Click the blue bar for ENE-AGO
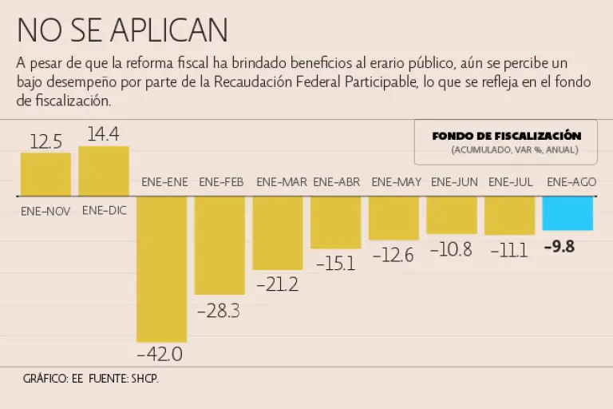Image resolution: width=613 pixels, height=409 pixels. (568, 213)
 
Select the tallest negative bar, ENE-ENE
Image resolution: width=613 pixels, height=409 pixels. (161, 268)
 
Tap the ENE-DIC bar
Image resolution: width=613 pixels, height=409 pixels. (104, 171)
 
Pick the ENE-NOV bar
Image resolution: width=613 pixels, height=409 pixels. (45, 174)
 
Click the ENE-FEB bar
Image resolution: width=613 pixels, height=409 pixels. (219, 245)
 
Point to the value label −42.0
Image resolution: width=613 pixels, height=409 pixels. (160, 353)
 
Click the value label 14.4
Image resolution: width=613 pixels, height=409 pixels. (104, 134)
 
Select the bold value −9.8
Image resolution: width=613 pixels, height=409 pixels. (559, 247)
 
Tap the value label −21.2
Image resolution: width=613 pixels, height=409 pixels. (277, 284)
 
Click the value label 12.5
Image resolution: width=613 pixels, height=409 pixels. (45, 141)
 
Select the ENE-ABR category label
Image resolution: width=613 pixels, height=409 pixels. (336, 182)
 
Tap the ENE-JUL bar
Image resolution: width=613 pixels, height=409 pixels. (509, 216)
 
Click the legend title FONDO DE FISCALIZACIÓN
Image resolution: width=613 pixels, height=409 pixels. (506, 136)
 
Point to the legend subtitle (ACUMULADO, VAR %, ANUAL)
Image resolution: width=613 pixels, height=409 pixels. (514, 149)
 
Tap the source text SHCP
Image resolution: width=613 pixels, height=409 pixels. (144, 378)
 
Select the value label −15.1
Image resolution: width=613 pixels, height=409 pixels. (335, 263)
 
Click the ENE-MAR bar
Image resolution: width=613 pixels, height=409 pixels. (278, 232)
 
